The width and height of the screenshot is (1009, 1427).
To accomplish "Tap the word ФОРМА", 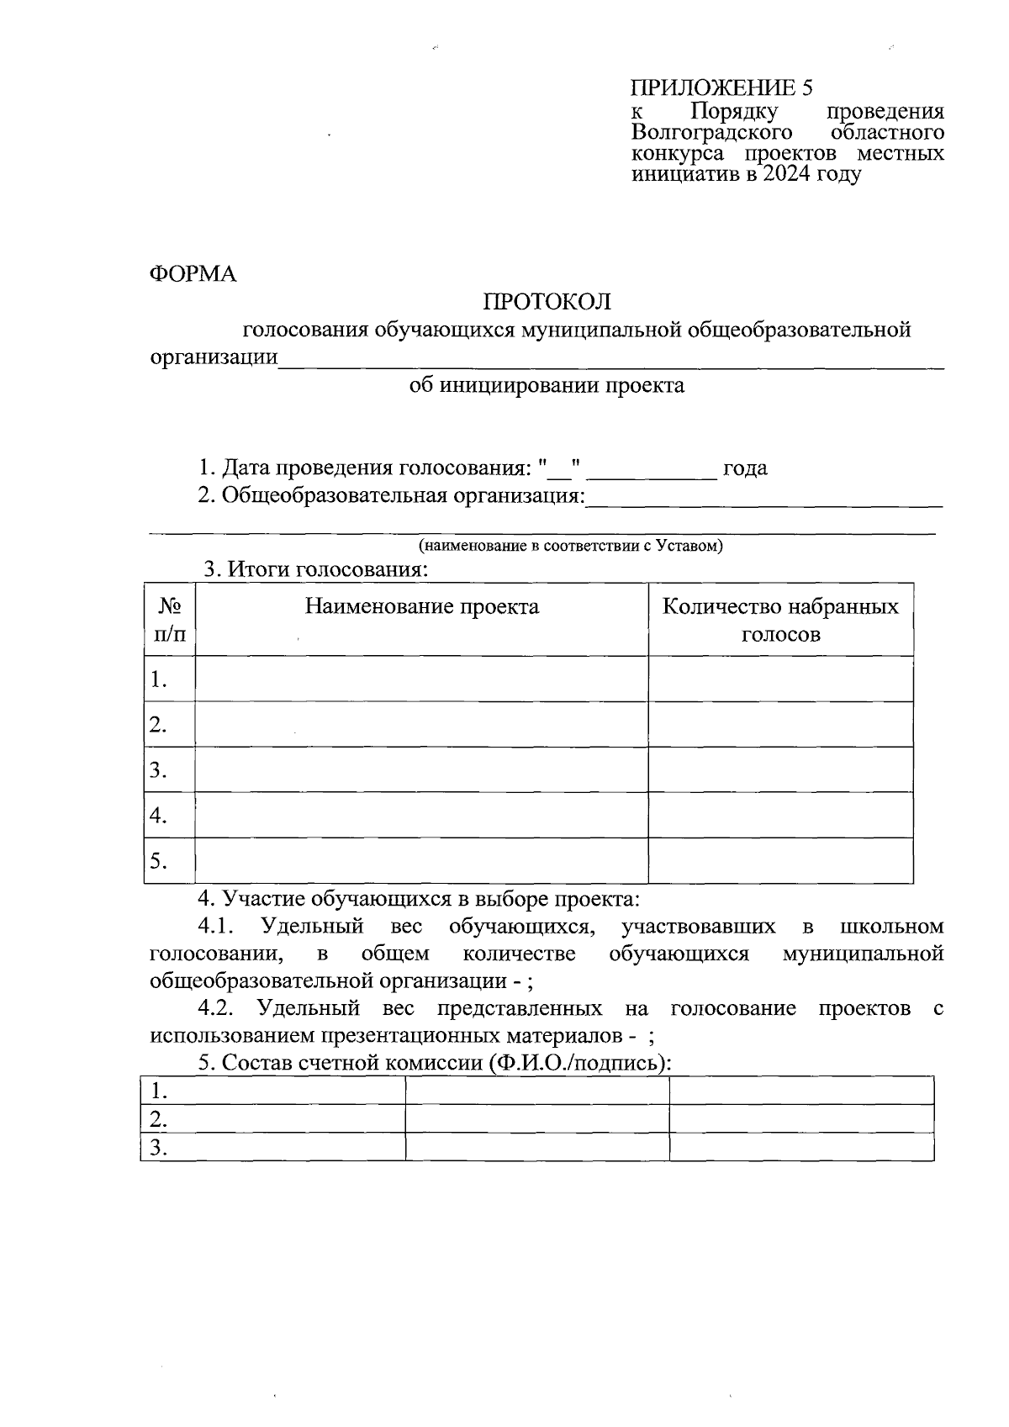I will point(193,275).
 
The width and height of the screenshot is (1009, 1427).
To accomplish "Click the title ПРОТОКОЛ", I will point(547,302).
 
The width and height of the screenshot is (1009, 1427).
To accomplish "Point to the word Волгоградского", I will point(712,133).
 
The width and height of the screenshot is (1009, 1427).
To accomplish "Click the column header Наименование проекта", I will point(421,607).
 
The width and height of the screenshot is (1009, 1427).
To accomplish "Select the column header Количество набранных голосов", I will point(780,620).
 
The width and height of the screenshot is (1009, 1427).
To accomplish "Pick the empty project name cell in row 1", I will point(421,679).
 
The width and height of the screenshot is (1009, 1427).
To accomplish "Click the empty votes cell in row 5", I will point(780,861).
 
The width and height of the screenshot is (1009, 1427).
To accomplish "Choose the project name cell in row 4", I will point(421,816).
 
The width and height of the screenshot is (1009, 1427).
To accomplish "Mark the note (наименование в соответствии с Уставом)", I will point(571,546).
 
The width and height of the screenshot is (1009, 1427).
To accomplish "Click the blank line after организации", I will point(611,360).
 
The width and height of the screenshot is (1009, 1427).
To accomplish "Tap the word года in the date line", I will point(745,468).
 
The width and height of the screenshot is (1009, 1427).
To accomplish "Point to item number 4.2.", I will point(220,1008).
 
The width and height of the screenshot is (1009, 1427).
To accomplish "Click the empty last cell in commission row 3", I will point(801,1148).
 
